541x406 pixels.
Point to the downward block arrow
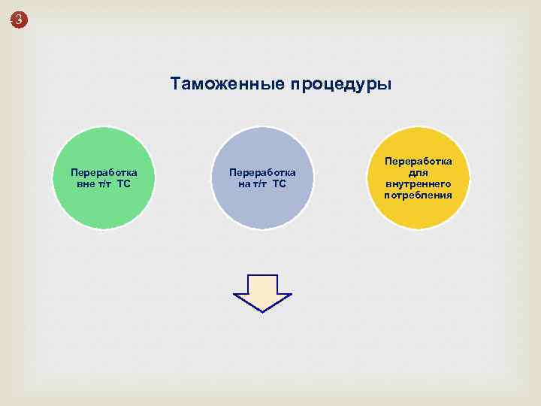(x=262, y=289)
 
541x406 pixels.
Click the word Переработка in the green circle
(x=104, y=171)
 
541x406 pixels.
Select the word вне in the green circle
(x=85, y=183)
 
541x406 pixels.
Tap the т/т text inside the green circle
(x=104, y=183)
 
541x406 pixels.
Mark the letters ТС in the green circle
(x=124, y=183)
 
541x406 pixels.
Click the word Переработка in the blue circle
(x=262, y=172)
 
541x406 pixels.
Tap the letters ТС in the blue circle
(x=280, y=184)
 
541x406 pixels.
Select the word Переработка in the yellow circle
(x=419, y=161)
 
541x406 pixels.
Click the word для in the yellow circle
(x=419, y=172)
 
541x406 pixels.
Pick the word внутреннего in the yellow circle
(x=419, y=183)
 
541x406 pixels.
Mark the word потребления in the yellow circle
(x=419, y=195)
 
